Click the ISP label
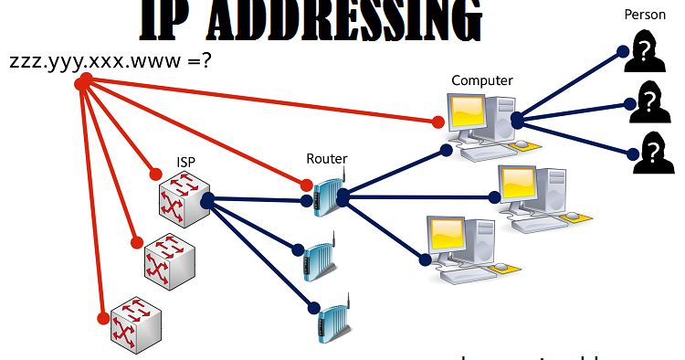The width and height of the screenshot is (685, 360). tap(186, 163)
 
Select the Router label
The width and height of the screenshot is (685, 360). tap(326, 158)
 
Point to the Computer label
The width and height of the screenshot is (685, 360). tap(482, 80)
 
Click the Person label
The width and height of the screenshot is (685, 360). tap(645, 15)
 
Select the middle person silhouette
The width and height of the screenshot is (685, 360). tap(648, 101)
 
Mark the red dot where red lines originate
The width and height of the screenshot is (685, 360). tap(84, 82)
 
